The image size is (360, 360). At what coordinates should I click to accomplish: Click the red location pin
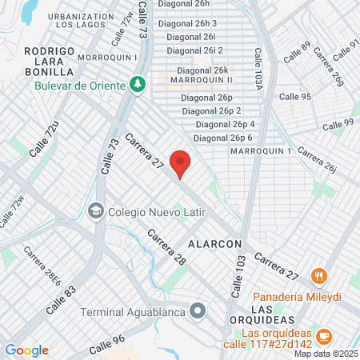click(x=181, y=163)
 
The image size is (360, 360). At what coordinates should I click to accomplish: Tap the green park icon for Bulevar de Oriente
click(x=138, y=84)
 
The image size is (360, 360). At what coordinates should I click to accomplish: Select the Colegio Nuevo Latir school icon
click(x=95, y=211)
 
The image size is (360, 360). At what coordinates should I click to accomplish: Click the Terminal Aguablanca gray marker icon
click(x=197, y=311)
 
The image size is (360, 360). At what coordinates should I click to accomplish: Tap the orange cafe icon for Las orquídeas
click(x=324, y=334)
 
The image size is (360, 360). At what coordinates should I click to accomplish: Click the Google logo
click(x=26, y=350)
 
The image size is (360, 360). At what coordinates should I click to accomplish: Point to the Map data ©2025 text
click(x=325, y=354)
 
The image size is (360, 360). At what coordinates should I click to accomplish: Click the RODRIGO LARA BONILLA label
click(x=50, y=60)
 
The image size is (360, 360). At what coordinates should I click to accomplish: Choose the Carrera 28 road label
click(x=166, y=248)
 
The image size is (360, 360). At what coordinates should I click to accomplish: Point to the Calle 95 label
click(x=295, y=96)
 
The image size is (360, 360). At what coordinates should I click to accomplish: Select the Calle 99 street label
click(x=338, y=123)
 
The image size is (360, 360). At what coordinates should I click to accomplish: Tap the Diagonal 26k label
click(x=198, y=70)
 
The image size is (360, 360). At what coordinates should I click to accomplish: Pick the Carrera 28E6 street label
click(x=42, y=266)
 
